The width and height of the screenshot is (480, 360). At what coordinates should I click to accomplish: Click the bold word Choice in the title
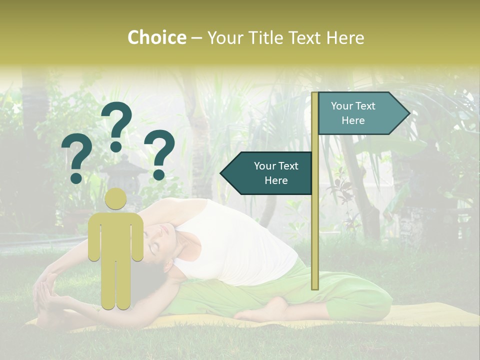click(156, 38)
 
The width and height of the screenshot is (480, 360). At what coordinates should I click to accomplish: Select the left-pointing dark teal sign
click(270, 173)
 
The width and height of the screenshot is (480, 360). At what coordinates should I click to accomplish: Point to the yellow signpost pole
click(315, 225)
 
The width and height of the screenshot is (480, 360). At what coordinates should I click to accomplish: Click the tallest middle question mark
click(116, 125)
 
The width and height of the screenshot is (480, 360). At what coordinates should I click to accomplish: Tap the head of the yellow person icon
click(116, 199)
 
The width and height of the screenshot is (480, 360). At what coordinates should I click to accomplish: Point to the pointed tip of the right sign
click(408, 113)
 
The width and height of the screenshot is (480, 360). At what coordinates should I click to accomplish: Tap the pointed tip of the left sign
click(222, 173)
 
